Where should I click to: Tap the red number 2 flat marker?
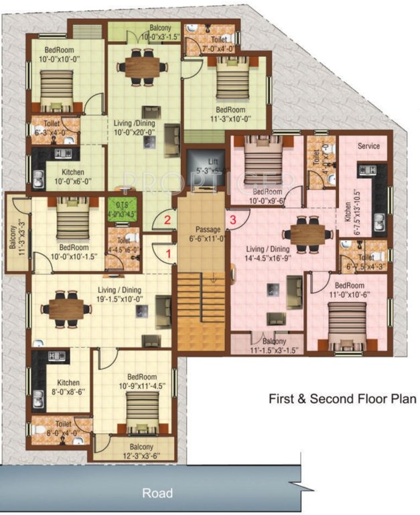(x=169, y=218)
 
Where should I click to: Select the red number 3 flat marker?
(x=232, y=218)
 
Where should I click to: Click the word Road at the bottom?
(x=158, y=494)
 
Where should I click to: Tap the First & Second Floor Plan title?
(x=342, y=398)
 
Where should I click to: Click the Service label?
(x=368, y=146)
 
